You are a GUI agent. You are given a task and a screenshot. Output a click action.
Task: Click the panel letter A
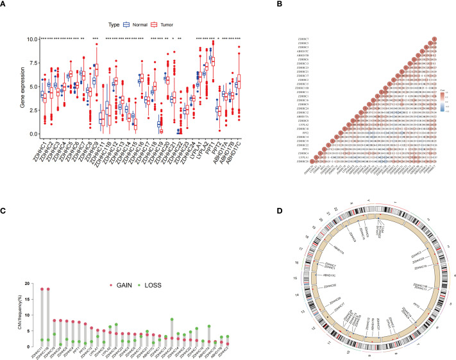[5, 5]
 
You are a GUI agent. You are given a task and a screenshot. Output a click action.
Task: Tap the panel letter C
[5, 192]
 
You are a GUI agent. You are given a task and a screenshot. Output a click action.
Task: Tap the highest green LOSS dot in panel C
[172, 320]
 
